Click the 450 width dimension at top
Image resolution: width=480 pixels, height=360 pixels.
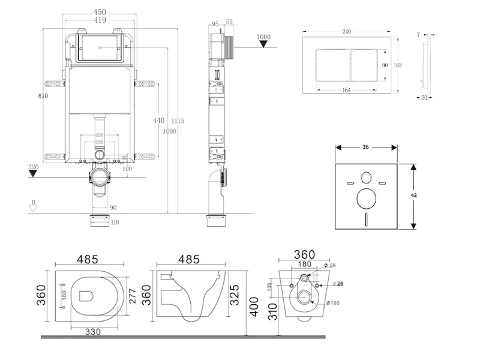(100, 11)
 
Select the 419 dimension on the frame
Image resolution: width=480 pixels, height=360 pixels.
(100, 20)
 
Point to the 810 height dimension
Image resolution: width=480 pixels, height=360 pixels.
(41, 95)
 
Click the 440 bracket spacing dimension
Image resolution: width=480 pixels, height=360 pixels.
(158, 120)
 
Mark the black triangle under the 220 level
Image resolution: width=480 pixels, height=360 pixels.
(34, 174)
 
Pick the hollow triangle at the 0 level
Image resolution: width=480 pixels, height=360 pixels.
(34, 208)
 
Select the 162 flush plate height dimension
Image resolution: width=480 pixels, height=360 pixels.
(398, 65)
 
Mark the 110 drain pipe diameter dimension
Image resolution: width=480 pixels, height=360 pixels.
(115, 222)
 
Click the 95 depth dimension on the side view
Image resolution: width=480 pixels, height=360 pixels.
(214, 24)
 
